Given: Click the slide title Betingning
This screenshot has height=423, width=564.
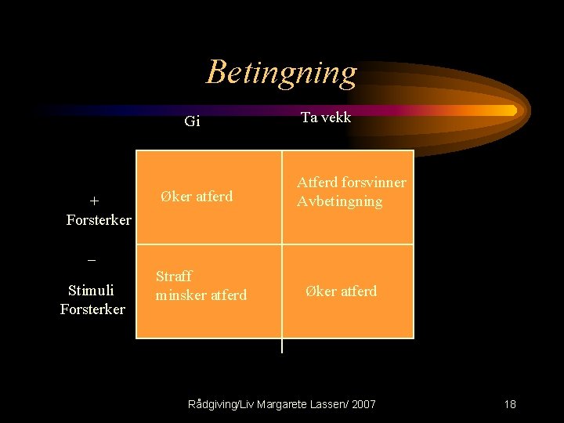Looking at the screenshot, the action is pos(281,72).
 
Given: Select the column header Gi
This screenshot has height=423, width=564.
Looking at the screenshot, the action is pos(192,121).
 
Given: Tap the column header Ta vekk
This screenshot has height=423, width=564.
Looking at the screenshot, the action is pos(326,117).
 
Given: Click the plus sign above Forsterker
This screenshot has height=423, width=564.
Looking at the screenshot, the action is pos(94,201).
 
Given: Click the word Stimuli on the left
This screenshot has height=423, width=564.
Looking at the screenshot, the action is pos(92,291).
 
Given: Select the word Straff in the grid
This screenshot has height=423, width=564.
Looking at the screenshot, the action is pos(174,277).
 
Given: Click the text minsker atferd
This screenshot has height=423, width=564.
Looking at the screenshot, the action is pos(201,295).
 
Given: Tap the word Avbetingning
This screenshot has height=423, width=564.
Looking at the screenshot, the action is pos(339,201).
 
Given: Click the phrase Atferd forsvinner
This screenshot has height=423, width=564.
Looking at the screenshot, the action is pos(351,183).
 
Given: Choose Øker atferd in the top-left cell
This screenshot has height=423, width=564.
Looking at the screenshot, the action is pos(197,197).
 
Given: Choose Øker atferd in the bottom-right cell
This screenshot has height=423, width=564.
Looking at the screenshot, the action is pos(341,291).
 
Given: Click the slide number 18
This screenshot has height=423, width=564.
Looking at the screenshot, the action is pos(510,404).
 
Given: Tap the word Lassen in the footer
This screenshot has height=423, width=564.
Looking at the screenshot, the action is pos(327,404).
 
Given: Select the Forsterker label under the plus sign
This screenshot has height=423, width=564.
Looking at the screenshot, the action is pos(99,220).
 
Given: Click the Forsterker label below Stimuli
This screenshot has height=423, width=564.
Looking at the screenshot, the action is pos(92,309).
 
